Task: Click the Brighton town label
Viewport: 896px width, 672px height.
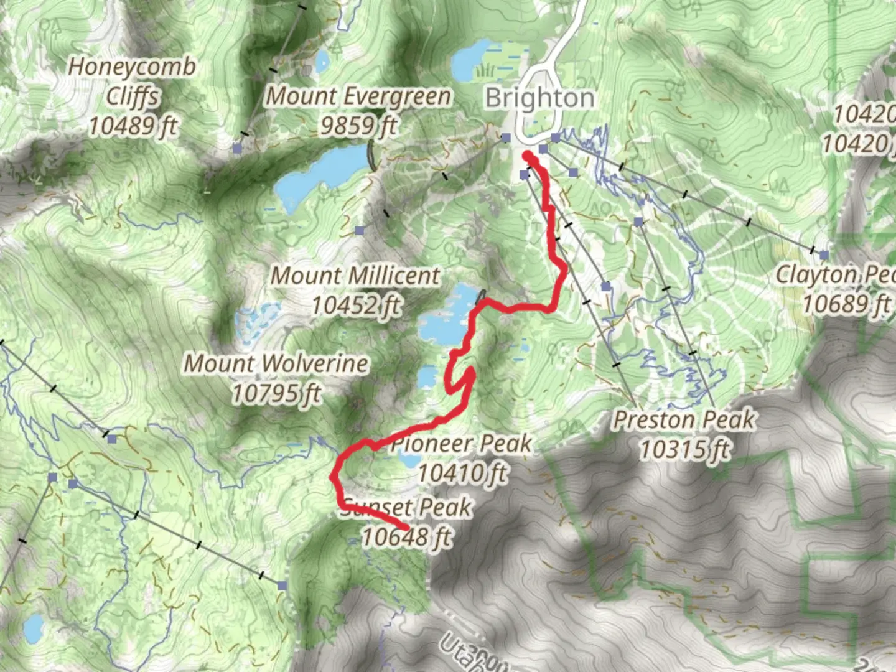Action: pos(539,98)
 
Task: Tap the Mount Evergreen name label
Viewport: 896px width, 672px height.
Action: pos(359,96)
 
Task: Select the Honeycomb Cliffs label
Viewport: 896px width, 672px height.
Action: pos(132,81)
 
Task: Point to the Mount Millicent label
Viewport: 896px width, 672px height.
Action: pos(355,276)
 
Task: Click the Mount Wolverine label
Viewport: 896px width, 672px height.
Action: pos(276,364)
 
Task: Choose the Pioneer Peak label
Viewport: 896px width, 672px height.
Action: pos(461,444)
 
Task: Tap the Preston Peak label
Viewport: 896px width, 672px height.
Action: pos(684,420)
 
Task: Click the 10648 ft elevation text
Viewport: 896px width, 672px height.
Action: pos(407,536)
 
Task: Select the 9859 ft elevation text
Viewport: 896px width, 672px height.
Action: pos(359,126)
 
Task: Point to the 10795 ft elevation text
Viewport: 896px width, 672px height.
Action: pos(276,393)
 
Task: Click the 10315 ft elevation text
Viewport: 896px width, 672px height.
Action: pos(684,449)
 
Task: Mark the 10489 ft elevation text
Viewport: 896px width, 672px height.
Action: pos(133,126)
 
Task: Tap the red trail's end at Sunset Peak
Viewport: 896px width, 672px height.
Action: pos(406,528)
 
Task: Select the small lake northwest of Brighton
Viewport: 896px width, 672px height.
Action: pos(472,59)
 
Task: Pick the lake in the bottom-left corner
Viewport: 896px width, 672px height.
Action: pos(32,628)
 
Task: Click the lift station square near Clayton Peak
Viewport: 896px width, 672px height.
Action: pos(824,255)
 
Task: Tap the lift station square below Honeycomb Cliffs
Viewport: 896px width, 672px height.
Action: pos(236,147)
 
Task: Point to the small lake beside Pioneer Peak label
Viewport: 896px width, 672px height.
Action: pos(409,460)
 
